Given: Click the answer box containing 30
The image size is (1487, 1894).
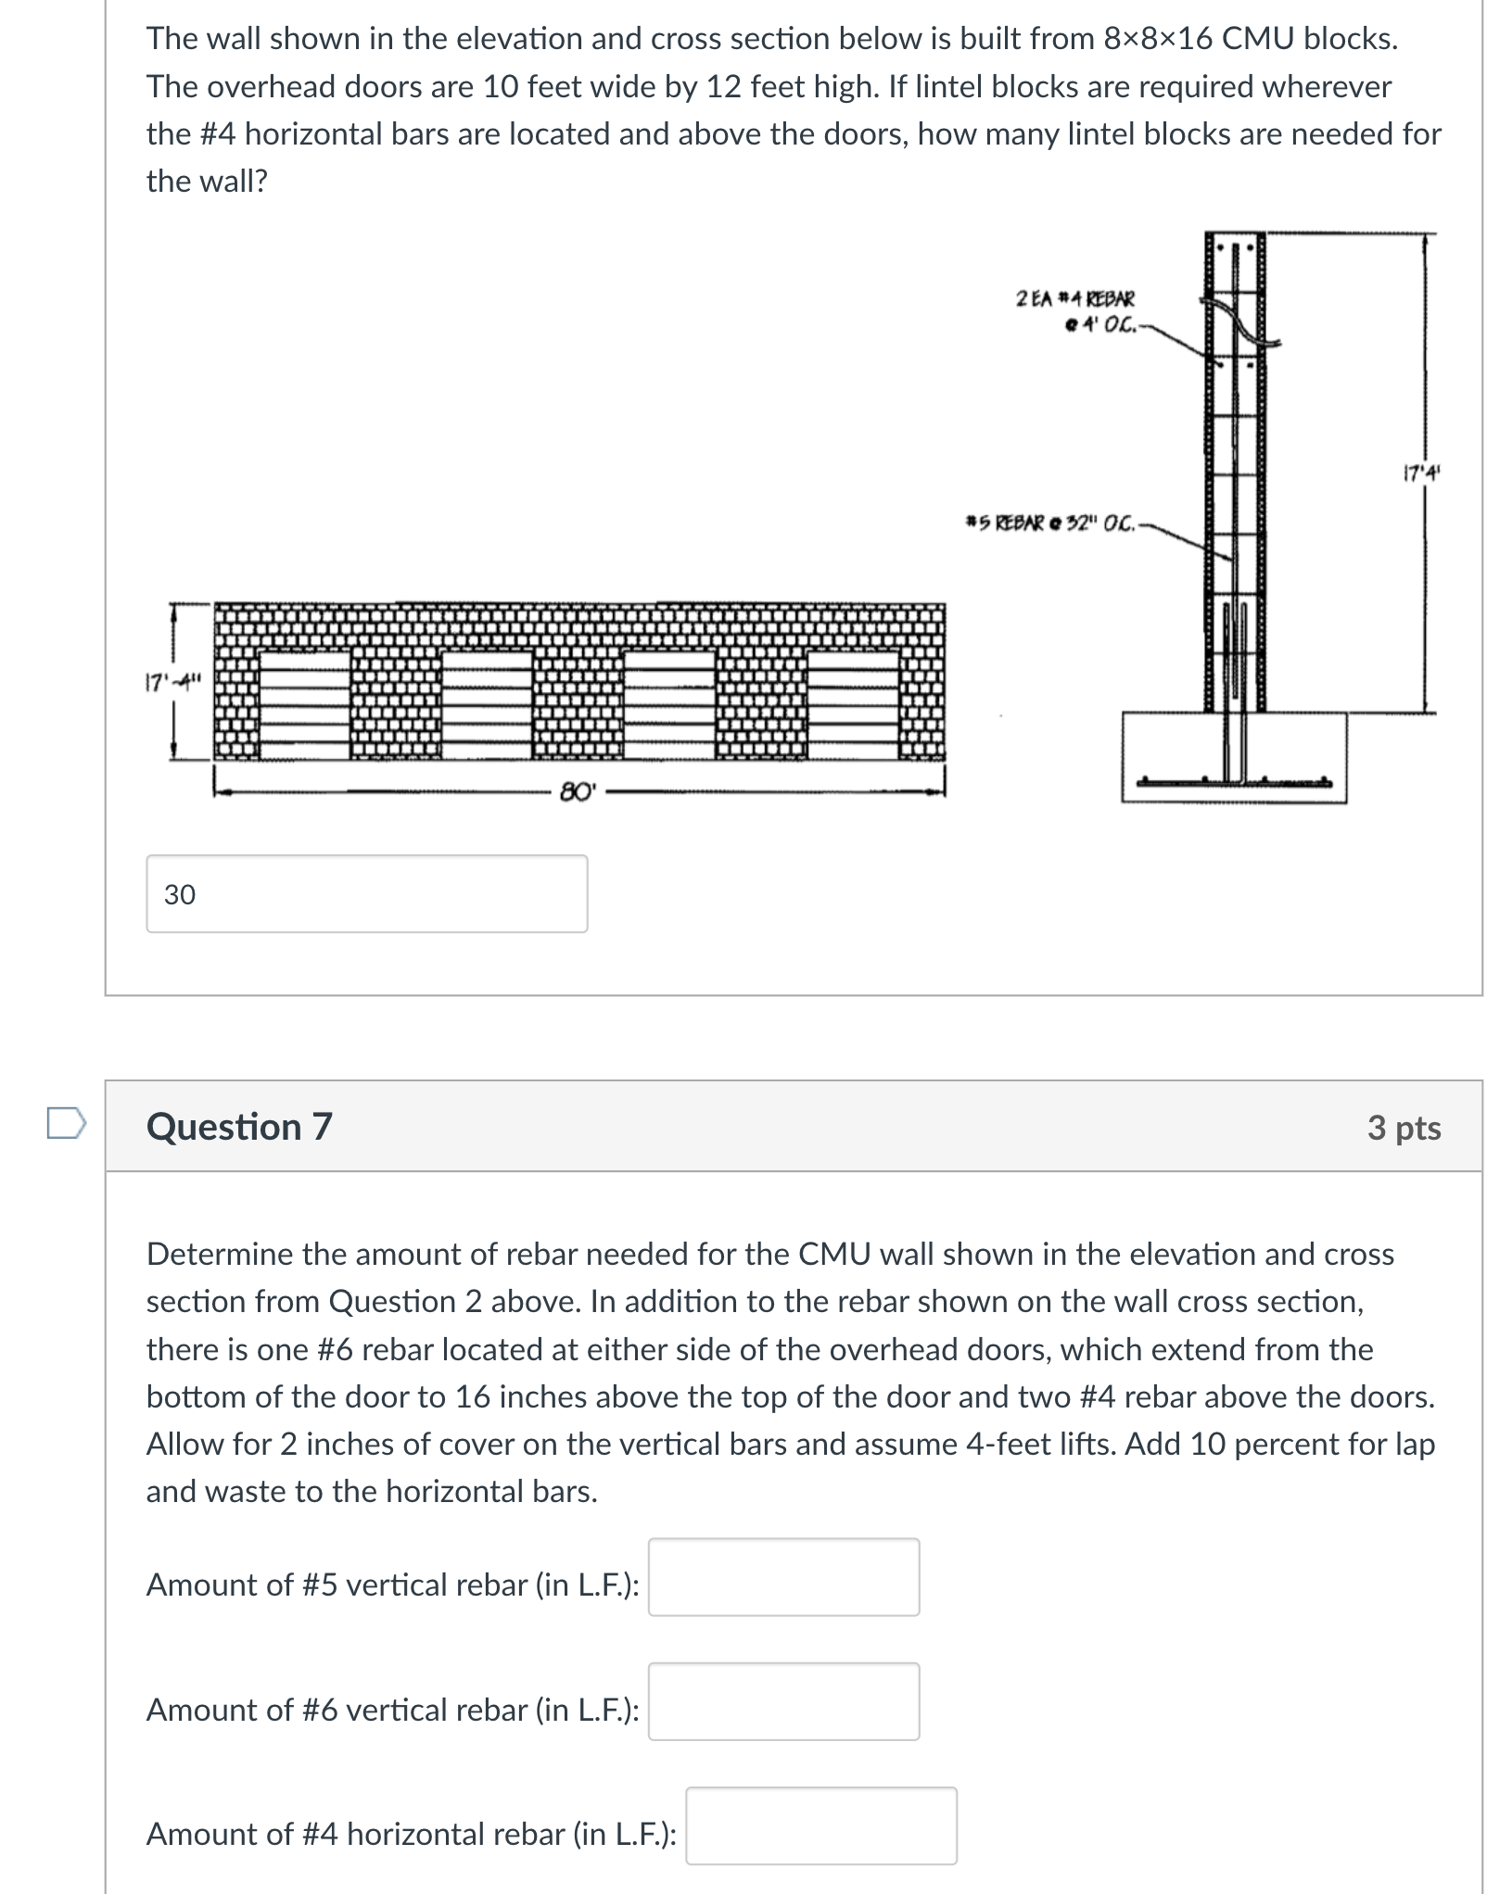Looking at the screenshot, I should pos(366,893).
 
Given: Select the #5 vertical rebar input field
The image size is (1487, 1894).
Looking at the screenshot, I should pos(783,1576).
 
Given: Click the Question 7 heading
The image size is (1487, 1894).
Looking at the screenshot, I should pos(239,1126).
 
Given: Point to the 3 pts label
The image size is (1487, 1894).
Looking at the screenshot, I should pos(1403,1127).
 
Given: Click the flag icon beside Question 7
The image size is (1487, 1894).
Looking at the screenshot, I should pos(67,1123).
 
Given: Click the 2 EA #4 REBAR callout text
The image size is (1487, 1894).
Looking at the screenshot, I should pos(1075,299).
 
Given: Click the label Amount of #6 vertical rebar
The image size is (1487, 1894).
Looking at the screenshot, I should pos(392,1709).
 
